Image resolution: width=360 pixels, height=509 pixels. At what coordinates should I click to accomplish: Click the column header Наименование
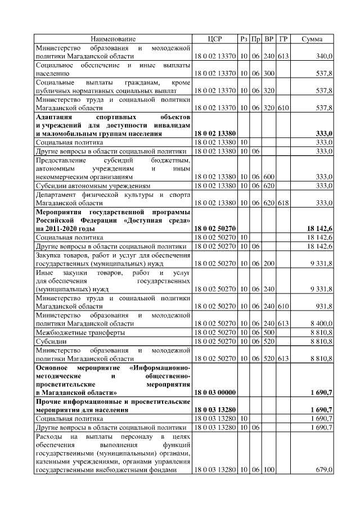(x=113, y=39)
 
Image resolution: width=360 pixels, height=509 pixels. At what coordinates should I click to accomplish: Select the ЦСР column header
(x=215, y=39)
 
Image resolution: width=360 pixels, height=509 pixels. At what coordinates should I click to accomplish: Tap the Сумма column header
(x=312, y=39)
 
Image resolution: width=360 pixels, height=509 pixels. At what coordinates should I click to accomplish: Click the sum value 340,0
(x=324, y=57)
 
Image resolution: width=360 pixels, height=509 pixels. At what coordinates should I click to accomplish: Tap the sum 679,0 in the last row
(x=324, y=469)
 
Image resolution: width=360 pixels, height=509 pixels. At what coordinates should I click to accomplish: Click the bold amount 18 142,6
(x=319, y=229)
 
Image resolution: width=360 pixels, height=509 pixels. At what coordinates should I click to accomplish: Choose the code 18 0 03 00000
(x=215, y=392)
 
